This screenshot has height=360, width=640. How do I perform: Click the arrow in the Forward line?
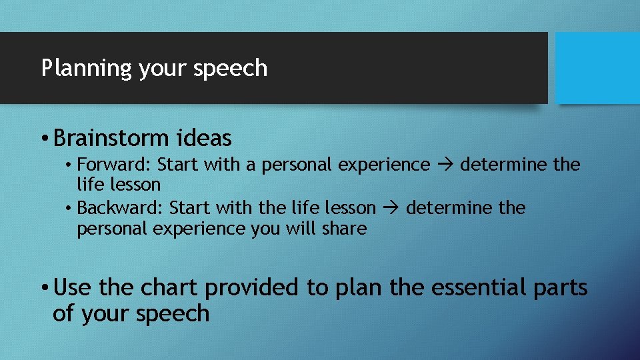445,165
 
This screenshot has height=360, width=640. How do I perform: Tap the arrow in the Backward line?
391,209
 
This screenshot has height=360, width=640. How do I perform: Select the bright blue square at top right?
597,68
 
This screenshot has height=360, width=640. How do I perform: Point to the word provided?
253,288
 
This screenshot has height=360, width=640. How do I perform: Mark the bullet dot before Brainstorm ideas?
44,139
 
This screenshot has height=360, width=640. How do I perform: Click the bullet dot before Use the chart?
44,289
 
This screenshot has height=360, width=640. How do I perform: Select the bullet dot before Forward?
69,165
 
